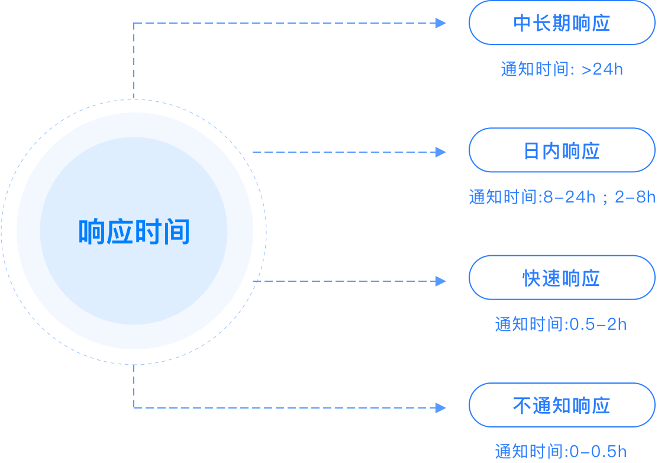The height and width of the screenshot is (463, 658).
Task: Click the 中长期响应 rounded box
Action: tap(562, 23)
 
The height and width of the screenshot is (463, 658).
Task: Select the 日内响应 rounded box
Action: tap(562, 150)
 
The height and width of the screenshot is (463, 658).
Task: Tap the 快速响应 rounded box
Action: tap(562, 278)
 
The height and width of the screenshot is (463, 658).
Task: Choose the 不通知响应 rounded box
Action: tap(562, 405)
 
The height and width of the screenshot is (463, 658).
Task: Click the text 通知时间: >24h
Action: tap(562, 69)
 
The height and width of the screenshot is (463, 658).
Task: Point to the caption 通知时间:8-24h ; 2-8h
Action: tap(562, 197)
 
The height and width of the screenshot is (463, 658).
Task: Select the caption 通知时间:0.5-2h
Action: tap(560, 324)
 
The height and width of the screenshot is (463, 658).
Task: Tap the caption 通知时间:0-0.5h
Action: tap(560, 451)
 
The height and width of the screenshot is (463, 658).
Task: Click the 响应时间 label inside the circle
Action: tap(134, 231)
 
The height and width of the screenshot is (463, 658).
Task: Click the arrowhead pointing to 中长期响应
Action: tap(441, 23)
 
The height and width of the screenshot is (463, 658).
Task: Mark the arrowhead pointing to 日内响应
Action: tap(441, 152)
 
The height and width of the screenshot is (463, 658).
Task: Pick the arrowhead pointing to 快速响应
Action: tap(441, 281)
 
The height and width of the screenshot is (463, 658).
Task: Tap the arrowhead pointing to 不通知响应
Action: tap(441, 407)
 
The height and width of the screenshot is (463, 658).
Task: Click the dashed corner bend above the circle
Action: tap(134, 24)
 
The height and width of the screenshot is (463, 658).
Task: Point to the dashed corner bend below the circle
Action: tap(134, 407)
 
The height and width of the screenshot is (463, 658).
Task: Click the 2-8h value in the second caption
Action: tap(635, 197)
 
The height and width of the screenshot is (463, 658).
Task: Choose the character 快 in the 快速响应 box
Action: tap(532, 278)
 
